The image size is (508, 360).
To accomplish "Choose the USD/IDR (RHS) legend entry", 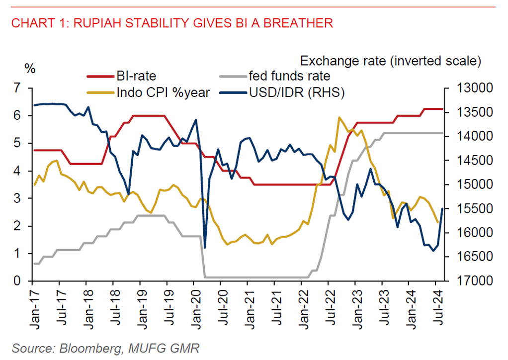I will [x=296, y=92].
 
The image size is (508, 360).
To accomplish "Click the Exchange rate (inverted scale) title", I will [x=391, y=62].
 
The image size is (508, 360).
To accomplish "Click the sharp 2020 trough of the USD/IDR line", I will [x=205, y=247].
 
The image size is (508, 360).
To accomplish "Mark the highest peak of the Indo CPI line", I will [x=339, y=117].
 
